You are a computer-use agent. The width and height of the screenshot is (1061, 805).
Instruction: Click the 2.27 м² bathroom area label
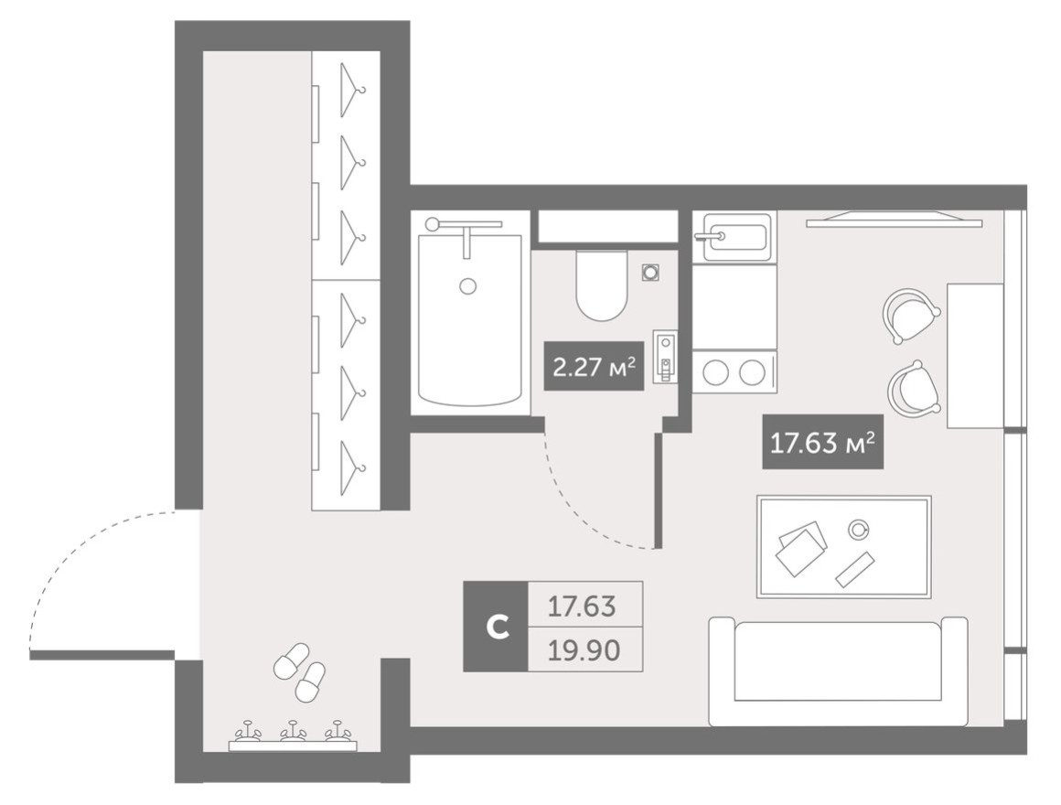(594, 366)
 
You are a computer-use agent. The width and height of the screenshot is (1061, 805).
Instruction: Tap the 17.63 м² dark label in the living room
(823, 442)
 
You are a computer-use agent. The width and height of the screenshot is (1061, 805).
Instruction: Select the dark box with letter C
(496, 627)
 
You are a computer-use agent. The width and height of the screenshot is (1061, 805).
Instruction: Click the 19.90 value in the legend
(584, 650)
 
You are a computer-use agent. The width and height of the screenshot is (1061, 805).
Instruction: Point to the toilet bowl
(602, 285)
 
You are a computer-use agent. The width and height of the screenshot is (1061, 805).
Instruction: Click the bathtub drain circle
(466, 286)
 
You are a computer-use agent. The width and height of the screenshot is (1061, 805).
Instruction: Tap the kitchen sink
(735, 237)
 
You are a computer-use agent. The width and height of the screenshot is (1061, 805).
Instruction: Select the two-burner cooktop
(734, 372)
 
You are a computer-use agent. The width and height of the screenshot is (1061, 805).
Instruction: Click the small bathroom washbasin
(665, 357)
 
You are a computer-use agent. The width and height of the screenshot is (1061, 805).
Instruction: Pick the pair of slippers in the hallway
(300, 671)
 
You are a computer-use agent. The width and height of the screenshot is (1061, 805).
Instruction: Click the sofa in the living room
(838, 671)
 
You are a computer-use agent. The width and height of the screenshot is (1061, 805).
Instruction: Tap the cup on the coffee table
(859, 530)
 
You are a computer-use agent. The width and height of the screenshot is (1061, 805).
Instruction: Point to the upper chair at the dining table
(911, 316)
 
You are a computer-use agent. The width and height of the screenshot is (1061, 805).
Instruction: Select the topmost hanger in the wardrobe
(352, 90)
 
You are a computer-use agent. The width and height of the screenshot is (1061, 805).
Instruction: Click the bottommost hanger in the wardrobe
(352, 467)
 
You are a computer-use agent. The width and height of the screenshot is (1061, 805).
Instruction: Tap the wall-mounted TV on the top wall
(894, 220)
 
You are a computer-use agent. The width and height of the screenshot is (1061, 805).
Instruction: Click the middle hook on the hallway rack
(293, 731)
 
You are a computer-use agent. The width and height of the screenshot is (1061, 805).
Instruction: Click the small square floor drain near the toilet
(651, 273)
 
